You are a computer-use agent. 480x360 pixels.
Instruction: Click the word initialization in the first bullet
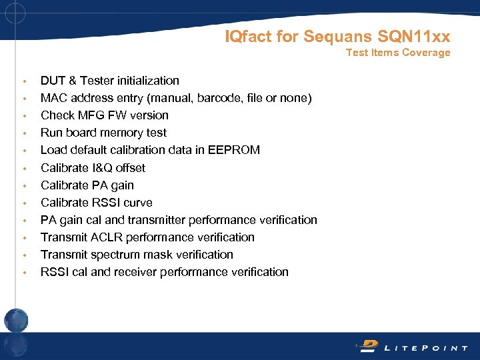[148, 81]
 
